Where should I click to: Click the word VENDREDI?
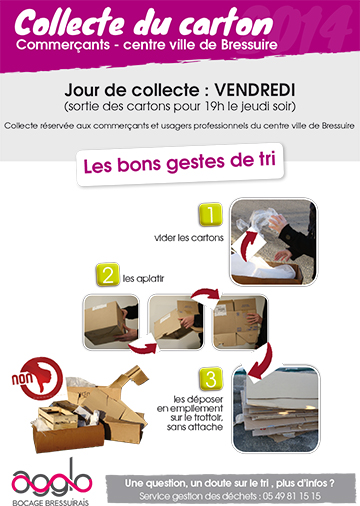click(255, 90)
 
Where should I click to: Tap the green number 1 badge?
click(210, 214)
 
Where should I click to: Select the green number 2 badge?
click(108, 275)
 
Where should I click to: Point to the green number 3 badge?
click(211, 379)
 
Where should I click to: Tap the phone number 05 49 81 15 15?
click(292, 496)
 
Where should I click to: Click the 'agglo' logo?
click(52, 483)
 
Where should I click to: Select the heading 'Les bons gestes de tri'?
click(180, 163)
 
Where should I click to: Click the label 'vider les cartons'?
click(189, 238)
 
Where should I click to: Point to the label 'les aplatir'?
click(143, 278)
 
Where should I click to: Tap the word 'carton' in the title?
click(226, 23)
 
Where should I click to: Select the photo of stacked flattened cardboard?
click(276, 409)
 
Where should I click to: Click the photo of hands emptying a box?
click(274, 242)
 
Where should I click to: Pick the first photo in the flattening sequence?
click(111, 322)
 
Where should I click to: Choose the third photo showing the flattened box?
click(240, 322)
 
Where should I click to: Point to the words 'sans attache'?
click(195, 427)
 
